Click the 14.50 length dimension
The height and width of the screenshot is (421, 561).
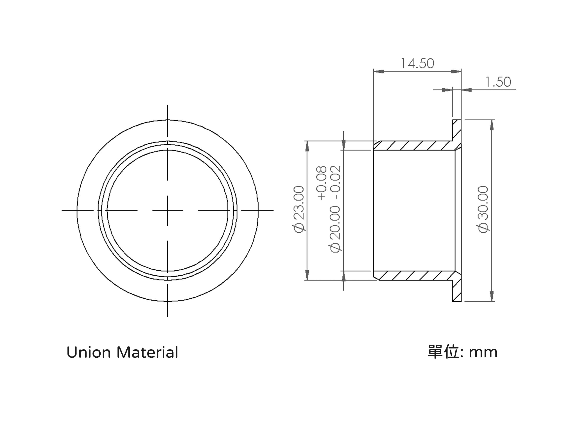[x=417, y=63]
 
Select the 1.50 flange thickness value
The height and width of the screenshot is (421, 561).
[x=498, y=82]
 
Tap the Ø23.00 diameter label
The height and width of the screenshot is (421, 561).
[x=298, y=209]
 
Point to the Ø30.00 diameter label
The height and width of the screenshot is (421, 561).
[x=483, y=209]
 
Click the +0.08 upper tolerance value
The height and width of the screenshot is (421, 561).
[x=321, y=183]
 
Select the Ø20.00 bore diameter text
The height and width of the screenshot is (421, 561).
[x=335, y=229]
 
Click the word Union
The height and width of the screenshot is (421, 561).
[x=89, y=353]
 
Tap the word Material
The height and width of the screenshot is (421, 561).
[x=147, y=353]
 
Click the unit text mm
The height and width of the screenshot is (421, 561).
[x=483, y=353]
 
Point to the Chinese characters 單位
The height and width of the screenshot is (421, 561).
[x=443, y=352]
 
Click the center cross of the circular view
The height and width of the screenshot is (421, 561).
[x=167, y=210]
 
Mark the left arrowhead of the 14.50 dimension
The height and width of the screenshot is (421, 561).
[x=379, y=71]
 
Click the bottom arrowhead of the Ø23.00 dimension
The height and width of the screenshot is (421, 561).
[x=307, y=275]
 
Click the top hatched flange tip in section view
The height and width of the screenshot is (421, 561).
[x=457, y=130]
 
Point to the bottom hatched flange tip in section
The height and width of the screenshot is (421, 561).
[x=457, y=291]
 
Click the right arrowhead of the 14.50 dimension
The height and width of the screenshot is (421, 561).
[x=456, y=71]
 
